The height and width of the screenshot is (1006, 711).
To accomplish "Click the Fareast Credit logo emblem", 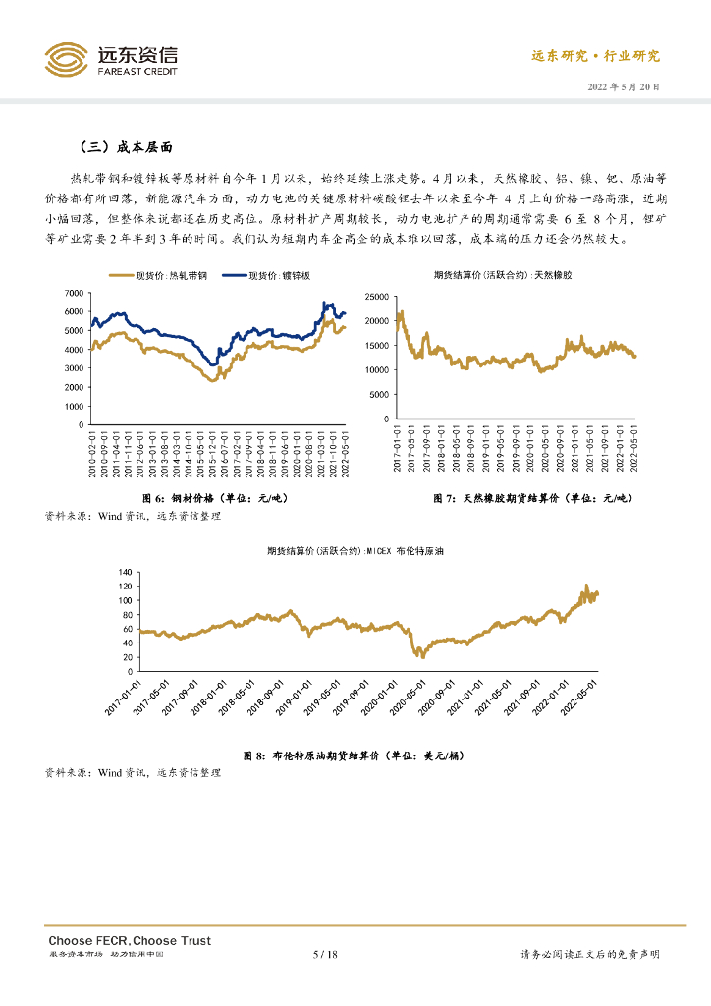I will point(66,59).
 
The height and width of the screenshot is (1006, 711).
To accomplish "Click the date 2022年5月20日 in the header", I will point(623,86).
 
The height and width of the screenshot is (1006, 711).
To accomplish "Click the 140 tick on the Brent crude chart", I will point(124,571).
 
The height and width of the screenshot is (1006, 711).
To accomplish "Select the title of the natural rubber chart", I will point(502,275).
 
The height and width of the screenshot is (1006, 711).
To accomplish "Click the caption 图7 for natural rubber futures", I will point(530,499).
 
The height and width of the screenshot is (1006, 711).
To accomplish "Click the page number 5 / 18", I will point(325,954).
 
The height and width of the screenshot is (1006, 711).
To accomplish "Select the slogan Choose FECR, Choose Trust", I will point(130,940).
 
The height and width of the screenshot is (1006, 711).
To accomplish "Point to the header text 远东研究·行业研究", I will point(595,56).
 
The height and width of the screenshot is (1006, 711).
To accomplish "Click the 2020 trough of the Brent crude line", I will point(422,655).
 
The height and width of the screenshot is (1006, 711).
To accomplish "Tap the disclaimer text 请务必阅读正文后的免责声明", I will point(588,954).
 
